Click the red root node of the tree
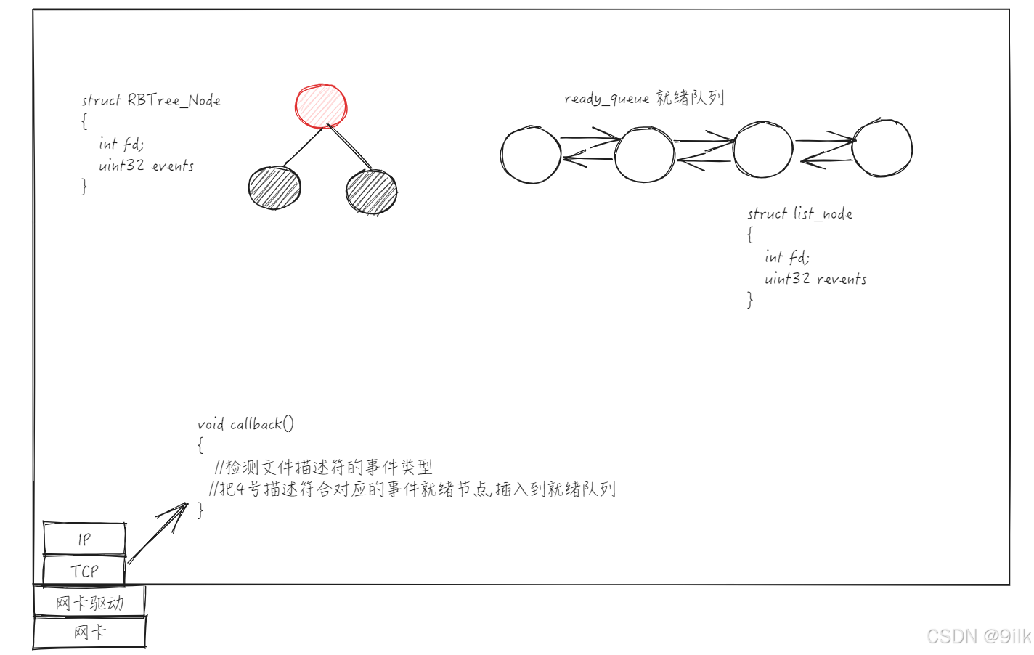321,106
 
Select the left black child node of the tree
274,187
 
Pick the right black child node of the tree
372,192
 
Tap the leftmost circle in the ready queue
531,155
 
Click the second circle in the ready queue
645,154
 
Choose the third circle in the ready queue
763,150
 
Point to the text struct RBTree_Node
151,100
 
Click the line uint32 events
146,166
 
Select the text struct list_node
799,213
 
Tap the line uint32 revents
815,279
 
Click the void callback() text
245,424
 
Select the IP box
84,539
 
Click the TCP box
84,571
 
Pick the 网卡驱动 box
89,603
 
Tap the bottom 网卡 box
89,632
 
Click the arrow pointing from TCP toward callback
157,533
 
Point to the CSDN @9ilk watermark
979,636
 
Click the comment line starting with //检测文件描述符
324,467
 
